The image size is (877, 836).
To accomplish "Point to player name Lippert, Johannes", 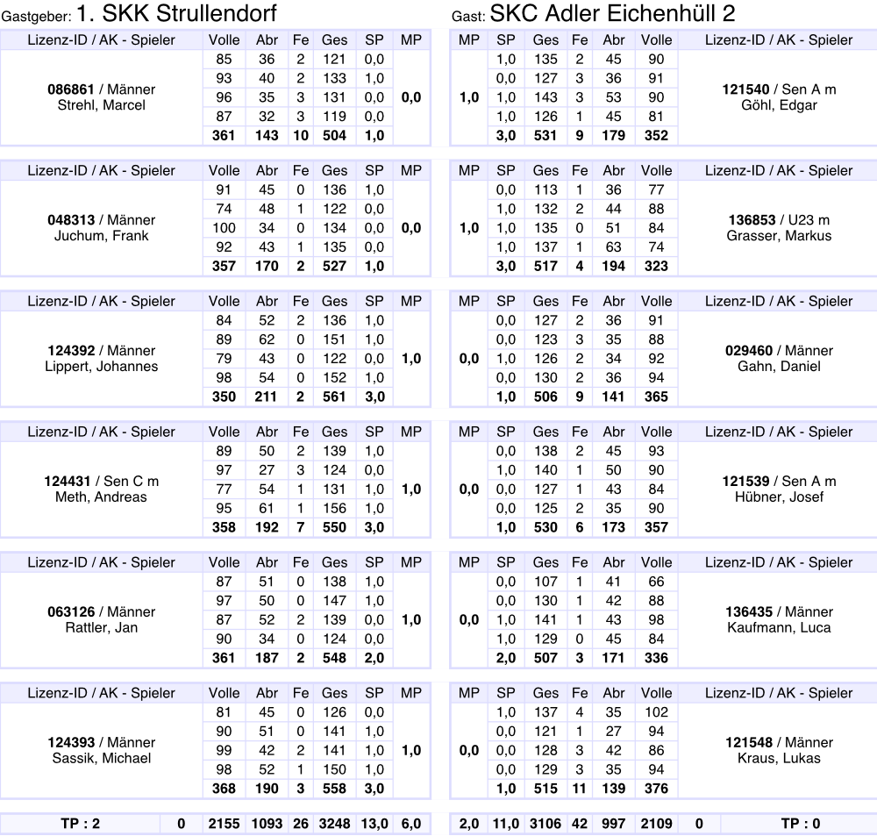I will tap(101, 367).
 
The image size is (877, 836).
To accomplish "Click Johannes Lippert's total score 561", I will tap(334, 397).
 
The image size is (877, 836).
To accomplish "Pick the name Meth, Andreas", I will tap(101, 497).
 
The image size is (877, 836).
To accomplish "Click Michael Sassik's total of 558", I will tap(334, 789).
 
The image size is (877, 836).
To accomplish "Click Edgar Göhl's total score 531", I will tap(545, 135).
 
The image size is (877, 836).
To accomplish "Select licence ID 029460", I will tap(749, 351).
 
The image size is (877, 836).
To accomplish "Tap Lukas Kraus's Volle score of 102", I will tap(656, 712).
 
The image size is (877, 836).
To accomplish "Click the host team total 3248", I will tap(334, 824).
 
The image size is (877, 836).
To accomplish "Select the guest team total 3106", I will tap(545, 824).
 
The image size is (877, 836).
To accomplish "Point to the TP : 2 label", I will tap(80, 824).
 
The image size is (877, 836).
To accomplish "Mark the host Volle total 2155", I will tap(225, 824).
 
